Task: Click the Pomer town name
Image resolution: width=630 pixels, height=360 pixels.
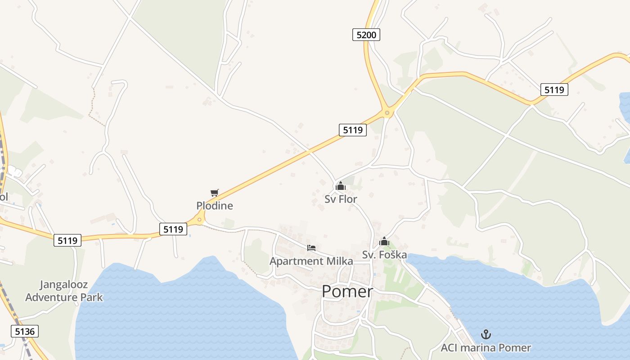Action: point(347,292)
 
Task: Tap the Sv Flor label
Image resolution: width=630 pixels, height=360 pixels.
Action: point(341,199)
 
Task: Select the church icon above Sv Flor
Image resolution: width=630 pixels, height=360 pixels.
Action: point(341,185)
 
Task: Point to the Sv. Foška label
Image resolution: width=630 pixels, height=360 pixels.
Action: point(384,255)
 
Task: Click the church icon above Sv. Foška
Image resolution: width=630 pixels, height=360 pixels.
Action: point(384,242)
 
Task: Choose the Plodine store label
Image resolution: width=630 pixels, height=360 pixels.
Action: point(215,206)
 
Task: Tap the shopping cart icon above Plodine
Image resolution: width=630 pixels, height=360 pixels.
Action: point(215,193)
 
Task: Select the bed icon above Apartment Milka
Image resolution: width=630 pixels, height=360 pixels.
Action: point(311,247)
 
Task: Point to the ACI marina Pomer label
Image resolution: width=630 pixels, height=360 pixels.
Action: point(486,348)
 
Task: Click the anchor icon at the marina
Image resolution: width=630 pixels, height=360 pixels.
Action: point(486,334)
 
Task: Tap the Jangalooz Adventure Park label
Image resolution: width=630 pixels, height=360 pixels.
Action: point(64,291)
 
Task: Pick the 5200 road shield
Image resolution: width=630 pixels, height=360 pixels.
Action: point(366,35)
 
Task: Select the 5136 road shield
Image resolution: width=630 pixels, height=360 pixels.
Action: point(25,332)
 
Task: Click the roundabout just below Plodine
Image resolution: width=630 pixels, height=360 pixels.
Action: point(199,220)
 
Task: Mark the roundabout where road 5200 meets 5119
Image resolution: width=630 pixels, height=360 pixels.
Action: point(387,112)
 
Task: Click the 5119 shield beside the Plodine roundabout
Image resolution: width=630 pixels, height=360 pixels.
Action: point(173,229)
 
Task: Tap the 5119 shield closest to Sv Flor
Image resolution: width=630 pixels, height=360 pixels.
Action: point(352,130)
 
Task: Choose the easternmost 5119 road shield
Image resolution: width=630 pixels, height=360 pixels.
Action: point(554,90)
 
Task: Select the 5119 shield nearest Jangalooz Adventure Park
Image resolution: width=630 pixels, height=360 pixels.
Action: point(68,240)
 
